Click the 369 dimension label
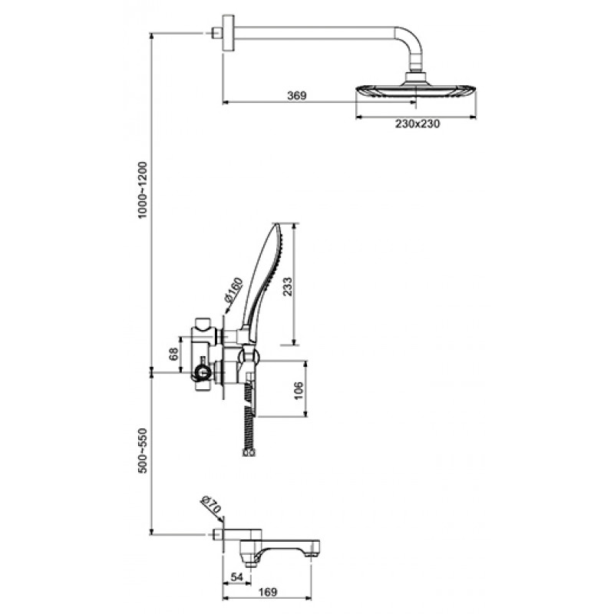coord(296,95)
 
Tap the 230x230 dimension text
coord(418,124)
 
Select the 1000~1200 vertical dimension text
coord(142,190)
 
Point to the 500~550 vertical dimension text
coord(142,451)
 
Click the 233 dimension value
coord(288,286)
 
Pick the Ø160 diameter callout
coord(234,290)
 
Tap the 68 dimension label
coord(174,354)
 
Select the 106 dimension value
coord(299,389)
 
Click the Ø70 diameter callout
coord(211,505)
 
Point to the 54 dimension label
coord(237,577)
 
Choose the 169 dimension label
coord(267,592)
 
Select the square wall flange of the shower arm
coord(228,33)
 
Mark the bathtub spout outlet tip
coord(312,555)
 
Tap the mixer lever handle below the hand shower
coord(249,394)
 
